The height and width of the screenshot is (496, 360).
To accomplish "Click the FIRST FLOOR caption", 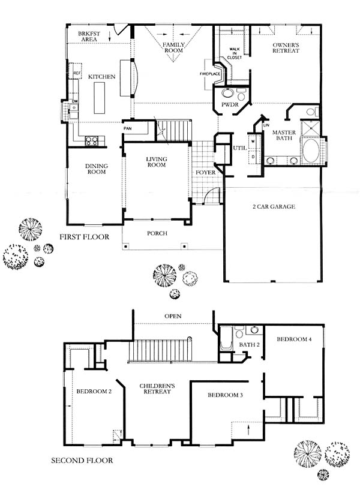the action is (84, 237).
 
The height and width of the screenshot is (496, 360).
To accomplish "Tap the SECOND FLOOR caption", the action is (82, 460).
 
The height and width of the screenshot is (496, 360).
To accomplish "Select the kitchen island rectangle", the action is (99, 98).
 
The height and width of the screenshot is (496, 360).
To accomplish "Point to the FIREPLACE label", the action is (210, 74).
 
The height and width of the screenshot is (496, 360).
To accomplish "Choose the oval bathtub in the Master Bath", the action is (311, 151).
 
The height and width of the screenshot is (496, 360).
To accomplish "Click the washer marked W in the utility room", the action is (253, 142).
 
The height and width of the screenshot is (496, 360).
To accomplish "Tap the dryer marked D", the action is (253, 157).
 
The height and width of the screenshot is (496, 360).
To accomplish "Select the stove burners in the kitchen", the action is (91, 140).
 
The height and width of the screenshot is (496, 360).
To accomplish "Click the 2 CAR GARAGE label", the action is (274, 206).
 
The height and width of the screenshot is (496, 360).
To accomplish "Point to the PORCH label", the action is (157, 233).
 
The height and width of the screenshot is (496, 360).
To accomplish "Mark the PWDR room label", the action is (230, 104).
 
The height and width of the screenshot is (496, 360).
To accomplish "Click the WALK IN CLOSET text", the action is (235, 53).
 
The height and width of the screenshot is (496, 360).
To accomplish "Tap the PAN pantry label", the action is (127, 128).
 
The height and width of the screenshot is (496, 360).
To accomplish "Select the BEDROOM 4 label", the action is (294, 339).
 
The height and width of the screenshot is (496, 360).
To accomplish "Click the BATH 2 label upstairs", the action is (249, 344).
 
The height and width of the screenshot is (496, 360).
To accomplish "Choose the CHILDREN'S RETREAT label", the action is (157, 389).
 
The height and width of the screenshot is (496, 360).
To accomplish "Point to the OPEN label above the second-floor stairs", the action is (173, 316).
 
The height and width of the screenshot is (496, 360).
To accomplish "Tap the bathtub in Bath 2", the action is (226, 338).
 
